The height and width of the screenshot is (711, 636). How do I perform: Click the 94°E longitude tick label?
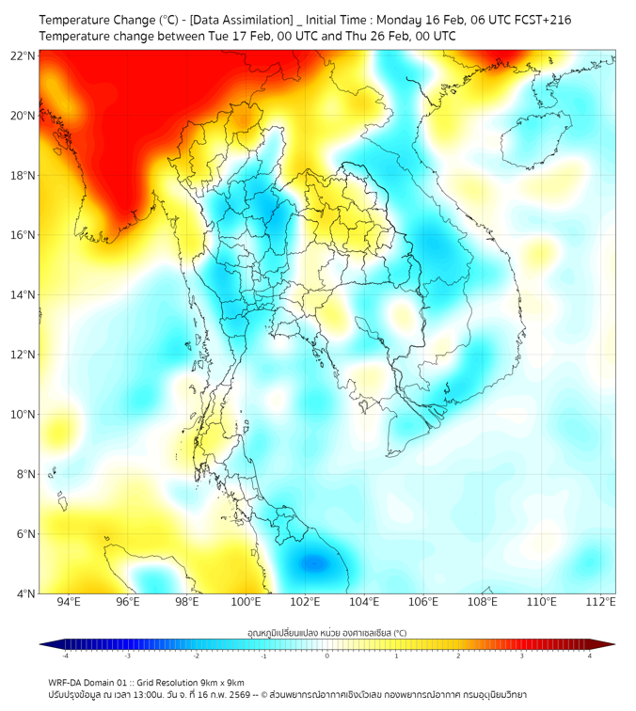point(69,602)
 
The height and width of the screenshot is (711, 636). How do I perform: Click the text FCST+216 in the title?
point(541,20)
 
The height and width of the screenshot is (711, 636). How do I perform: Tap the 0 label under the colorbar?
point(327,656)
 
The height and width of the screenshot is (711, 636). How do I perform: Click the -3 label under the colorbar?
point(126,656)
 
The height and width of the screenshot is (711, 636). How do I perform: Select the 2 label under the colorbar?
point(458,656)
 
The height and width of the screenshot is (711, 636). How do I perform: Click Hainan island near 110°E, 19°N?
point(532,142)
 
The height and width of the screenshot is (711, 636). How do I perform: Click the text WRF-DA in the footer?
point(67,683)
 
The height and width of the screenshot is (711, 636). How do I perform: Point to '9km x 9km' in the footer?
point(220,683)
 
